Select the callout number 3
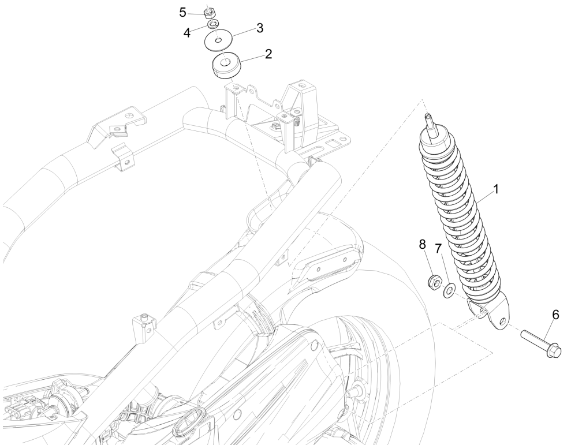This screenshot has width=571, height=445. tap(260, 27)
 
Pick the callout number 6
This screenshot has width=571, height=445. tap(555, 315)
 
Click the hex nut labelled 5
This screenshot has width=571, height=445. tap(211, 10)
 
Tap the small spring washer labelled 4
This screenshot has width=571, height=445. tap(213, 24)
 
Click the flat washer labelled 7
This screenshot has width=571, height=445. tap(448, 288)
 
